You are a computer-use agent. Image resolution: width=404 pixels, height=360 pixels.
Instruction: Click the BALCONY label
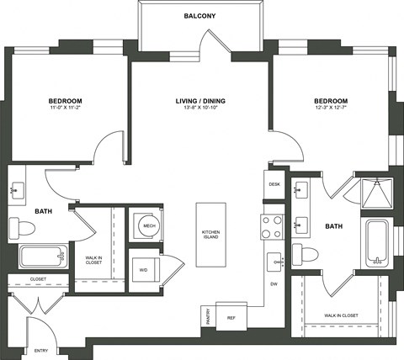200,16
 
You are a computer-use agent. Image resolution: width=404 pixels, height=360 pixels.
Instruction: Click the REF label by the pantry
231,318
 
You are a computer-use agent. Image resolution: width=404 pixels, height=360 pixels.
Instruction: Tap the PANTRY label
207,316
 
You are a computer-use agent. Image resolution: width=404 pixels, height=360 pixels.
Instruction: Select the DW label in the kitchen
274,284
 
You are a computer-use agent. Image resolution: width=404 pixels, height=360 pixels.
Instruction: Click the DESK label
274,183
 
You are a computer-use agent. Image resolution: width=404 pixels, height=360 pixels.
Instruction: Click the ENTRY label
40,350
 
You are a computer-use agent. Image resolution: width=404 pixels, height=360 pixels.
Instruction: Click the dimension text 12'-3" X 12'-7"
331,109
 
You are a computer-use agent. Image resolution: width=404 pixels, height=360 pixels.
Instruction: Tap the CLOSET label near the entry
37,278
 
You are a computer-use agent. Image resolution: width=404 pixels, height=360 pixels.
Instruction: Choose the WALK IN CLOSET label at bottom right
342,315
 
